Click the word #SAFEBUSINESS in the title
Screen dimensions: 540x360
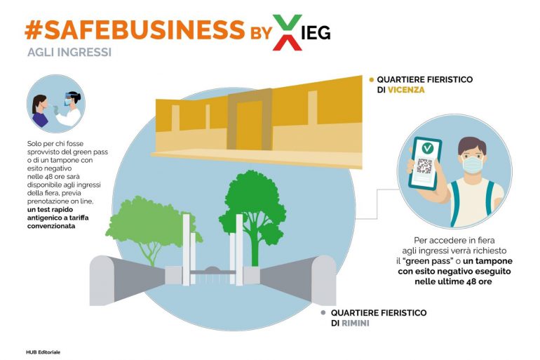coord(135,29)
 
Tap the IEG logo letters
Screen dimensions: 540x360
coord(316,32)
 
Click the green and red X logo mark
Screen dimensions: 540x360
coord(288,32)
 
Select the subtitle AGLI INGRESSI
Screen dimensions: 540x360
coord(69,53)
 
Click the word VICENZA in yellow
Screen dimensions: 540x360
coord(406,90)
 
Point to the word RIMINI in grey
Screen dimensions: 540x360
coord(355,324)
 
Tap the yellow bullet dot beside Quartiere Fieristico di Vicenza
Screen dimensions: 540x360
coord(371,79)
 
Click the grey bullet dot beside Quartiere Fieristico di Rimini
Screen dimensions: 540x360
coord(323,313)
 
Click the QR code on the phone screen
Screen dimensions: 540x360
coord(424,166)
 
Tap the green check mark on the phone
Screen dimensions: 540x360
coord(427,149)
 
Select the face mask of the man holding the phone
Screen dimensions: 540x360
coord(473,164)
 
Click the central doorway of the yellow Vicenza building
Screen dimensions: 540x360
coord(249,125)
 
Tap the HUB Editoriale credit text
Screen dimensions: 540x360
coord(43,352)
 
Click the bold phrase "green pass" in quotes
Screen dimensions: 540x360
coord(427,261)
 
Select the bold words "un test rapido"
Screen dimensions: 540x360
coord(50,209)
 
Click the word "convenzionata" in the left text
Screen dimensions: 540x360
coord(51,226)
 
